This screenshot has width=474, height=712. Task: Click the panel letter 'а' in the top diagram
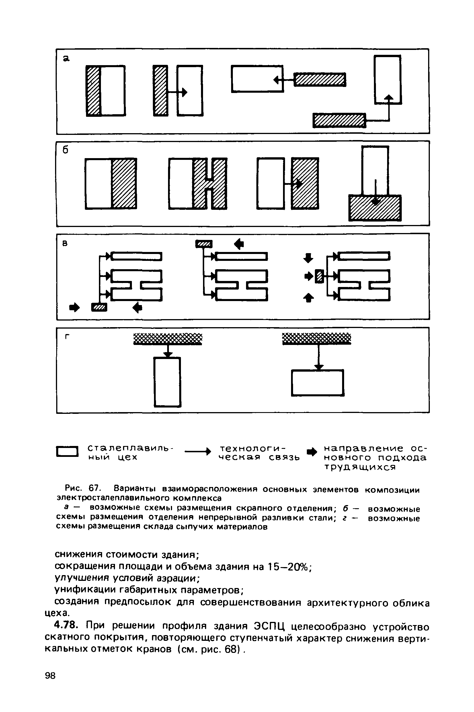66,58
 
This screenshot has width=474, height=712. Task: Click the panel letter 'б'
66,150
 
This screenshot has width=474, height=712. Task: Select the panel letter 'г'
67,337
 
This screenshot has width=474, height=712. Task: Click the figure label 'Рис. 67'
83,489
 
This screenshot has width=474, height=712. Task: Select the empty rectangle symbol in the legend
67,452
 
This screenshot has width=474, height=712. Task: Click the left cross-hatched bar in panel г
168,339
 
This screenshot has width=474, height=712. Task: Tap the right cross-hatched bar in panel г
317,338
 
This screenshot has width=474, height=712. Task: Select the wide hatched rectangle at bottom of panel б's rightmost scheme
375,208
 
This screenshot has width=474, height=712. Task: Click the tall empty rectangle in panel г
167,382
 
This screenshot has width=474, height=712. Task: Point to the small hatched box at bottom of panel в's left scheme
100,307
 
